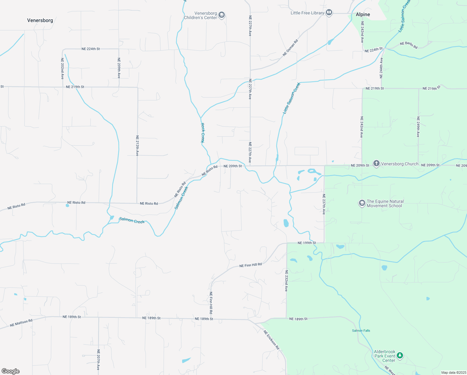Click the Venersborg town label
40,20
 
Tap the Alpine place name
363,14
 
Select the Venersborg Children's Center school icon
222,15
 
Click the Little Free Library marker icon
329,12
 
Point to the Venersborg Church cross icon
376,163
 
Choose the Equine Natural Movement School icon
362,203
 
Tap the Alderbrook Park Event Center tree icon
400,356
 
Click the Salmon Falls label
361,331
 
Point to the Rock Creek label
203,133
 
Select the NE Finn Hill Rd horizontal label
250,265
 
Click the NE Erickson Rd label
271,340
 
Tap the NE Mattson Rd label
21,323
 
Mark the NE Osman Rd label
290,48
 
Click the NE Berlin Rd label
409,45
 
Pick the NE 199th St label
307,243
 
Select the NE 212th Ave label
137,146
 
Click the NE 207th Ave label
98,360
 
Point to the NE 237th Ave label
324,204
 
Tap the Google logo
10,371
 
